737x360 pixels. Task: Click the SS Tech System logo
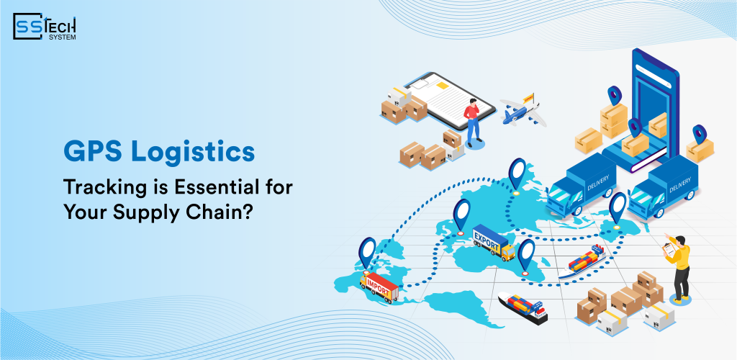[x=45, y=27]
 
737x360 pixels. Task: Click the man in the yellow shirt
[x=679, y=266]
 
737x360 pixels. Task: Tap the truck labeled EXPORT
[x=494, y=242]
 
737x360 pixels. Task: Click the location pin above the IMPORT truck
[x=367, y=253]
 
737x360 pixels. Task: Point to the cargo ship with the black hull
[x=523, y=307]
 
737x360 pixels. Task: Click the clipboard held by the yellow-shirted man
[x=669, y=248]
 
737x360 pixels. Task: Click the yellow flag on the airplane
[x=528, y=98]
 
